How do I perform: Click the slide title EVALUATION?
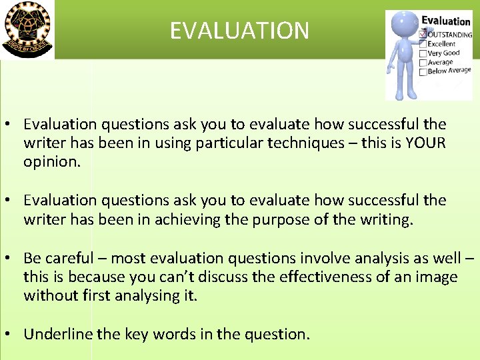pyautogui.click(x=239, y=31)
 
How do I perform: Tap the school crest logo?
pyautogui.click(x=27, y=29)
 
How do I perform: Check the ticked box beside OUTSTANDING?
pyautogui.click(x=422, y=34)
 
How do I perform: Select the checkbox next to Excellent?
pyautogui.click(x=423, y=44)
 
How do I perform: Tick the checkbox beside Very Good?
pyautogui.click(x=423, y=53)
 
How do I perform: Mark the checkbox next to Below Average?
pyautogui.click(x=423, y=71)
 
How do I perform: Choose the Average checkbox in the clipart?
pyautogui.click(x=423, y=63)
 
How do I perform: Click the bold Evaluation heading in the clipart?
pyautogui.click(x=445, y=21)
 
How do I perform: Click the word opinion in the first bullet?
pyautogui.click(x=50, y=162)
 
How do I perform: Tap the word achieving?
pyautogui.click(x=187, y=219)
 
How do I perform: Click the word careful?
pyautogui.click(x=73, y=257)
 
